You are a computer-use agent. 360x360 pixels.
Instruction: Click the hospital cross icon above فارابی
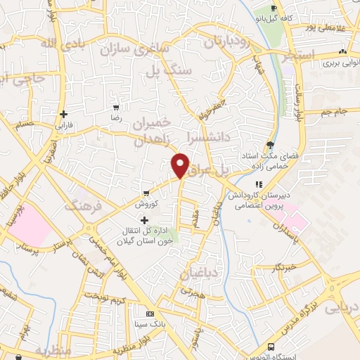[64, 114]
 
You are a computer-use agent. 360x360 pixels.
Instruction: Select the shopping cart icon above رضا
[115, 108]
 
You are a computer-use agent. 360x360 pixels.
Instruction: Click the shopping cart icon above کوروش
[146, 193]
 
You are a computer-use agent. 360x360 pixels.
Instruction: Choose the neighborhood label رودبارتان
[227, 41]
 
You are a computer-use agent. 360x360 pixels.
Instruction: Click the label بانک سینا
[150, 325]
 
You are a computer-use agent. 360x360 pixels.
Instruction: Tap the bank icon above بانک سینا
[149, 314]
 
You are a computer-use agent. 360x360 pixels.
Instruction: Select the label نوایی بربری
[323, 63]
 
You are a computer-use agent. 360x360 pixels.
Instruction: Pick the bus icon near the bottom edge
[272, 347]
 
